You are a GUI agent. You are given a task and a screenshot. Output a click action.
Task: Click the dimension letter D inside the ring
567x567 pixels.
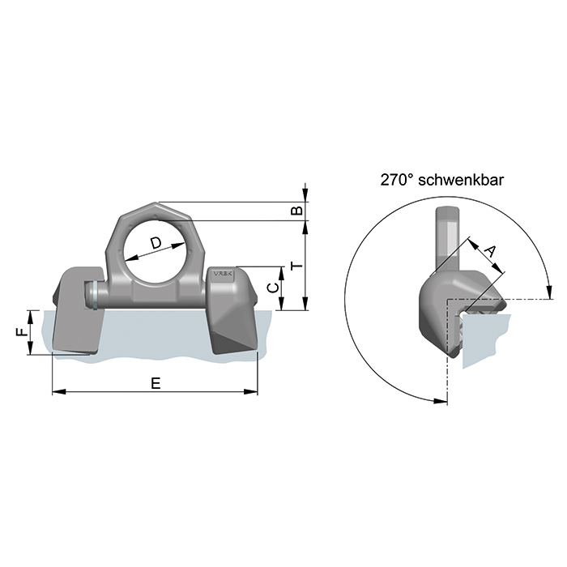[x=156, y=243]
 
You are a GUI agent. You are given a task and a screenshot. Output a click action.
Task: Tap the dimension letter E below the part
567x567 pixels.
[x=156, y=383]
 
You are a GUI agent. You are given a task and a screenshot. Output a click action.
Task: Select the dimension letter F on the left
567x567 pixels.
[x=23, y=331]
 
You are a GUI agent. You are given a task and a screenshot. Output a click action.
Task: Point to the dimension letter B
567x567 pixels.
[x=297, y=211]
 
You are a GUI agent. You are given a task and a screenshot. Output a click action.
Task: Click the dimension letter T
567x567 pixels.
[x=297, y=266]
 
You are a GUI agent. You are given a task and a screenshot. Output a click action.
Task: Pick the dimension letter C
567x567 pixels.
[x=274, y=288]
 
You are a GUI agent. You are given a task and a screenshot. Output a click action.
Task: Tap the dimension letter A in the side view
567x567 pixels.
[x=490, y=250]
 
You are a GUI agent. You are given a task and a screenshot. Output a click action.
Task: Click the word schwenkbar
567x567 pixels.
[x=461, y=180]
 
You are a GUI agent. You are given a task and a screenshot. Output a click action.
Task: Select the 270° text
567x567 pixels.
[x=397, y=180]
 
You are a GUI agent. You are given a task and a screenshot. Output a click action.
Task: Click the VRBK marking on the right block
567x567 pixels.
[x=224, y=274]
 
